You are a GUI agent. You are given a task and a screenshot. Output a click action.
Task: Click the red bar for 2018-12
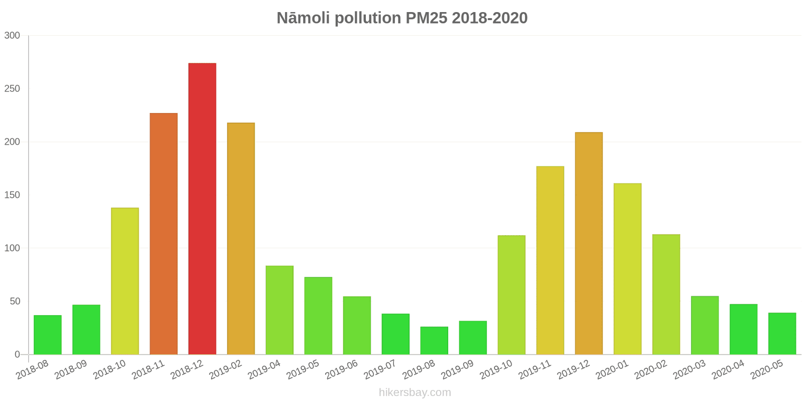pyautogui.click(x=202, y=209)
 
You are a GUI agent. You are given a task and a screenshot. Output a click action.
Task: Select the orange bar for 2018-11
pyautogui.click(x=163, y=234)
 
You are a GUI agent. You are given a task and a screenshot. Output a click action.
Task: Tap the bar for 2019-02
pyautogui.click(x=241, y=239)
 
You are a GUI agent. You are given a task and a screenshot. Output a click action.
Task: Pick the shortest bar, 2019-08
pyautogui.click(x=434, y=341)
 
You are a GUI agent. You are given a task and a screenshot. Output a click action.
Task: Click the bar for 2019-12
pyautogui.click(x=588, y=243)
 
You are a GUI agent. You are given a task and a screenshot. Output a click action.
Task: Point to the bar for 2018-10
pyautogui.click(x=125, y=281)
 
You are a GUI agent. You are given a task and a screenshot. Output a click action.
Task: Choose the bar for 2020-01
pyautogui.click(x=627, y=269)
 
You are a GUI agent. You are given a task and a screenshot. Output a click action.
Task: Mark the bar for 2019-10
pyautogui.click(x=511, y=295)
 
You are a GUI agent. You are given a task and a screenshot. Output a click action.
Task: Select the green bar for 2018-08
pyautogui.click(x=48, y=335)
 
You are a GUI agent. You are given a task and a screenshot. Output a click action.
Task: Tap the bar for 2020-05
pyautogui.click(x=782, y=334)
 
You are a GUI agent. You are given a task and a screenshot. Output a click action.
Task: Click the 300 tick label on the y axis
pyautogui.click(x=12, y=36)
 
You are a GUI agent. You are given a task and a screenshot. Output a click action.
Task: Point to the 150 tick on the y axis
pyautogui.click(x=12, y=195)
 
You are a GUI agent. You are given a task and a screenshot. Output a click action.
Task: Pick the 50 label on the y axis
pyautogui.click(x=15, y=301)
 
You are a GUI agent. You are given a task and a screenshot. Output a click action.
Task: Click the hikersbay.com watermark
pyautogui.click(x=415, y=392)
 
